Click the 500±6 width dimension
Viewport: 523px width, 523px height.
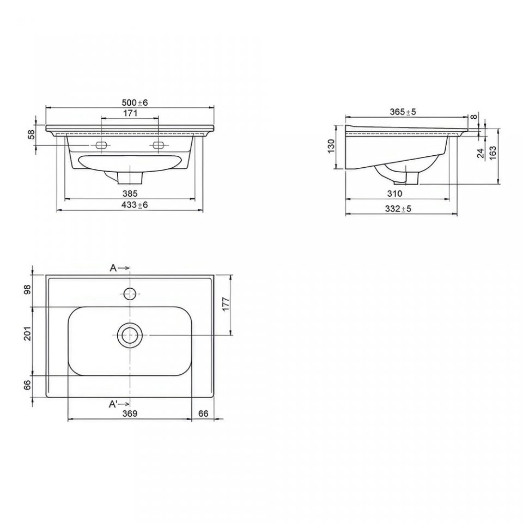coord(135,102)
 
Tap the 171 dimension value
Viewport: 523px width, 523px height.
coord(130,113)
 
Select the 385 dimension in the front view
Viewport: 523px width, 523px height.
coord(130,193)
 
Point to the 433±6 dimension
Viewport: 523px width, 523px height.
coord(135,204)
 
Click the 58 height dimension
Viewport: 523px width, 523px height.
coord(31,135)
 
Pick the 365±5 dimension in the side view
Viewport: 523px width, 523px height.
coord(403,112)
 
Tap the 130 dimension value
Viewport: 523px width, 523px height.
coord(331,146)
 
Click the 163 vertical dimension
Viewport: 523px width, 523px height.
coord(492,153)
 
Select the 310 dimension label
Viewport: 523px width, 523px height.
coord(395,193)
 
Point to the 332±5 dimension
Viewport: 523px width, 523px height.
coord(398,209)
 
